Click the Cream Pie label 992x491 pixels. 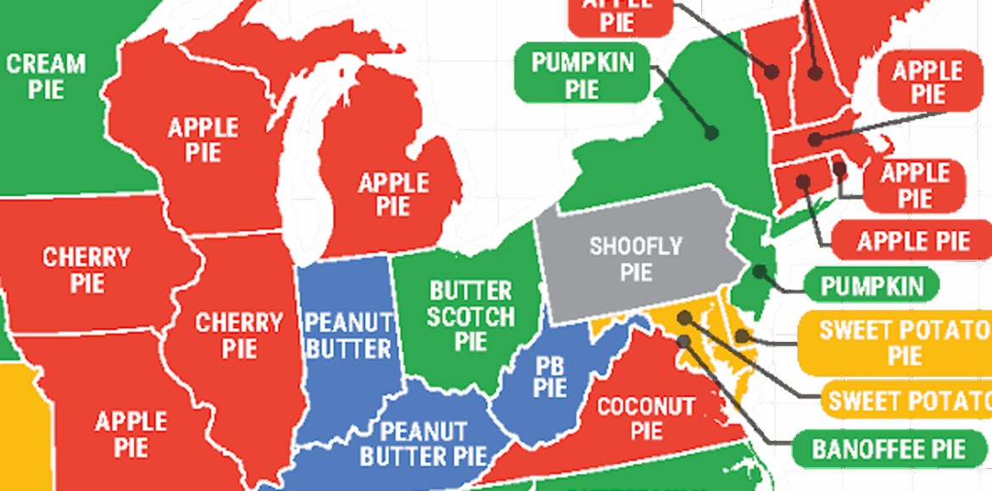[x=46, y=75]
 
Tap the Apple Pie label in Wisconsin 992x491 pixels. [x=203, y=140]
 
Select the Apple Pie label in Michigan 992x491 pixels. [x=393, y=193]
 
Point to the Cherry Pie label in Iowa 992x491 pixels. [x=86, y=269]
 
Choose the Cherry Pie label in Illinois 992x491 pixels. [x=239, y=335]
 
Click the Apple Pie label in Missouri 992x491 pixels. [x=131, y=433]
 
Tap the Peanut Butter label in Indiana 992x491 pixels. [x=348, y=335]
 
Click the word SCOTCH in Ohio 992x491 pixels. [x=471, y=317]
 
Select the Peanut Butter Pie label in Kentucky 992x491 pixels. [x=423, y=444]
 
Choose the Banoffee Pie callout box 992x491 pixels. [x=888, y=449]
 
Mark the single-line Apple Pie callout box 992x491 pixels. [x=912, y=241]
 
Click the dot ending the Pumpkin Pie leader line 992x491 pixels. [x=713, y=133]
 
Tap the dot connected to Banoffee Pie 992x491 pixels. [x=684, y=341]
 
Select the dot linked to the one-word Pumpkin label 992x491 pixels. [x=760, y=272]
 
